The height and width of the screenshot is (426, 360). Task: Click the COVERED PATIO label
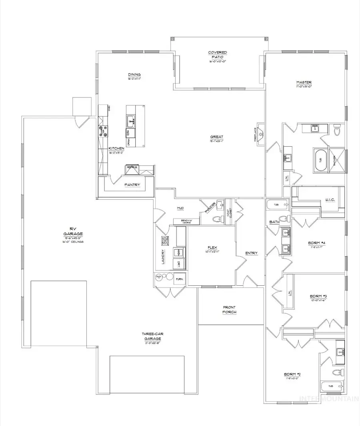tap(218, 55)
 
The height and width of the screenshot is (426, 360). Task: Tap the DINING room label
tap(134, 74)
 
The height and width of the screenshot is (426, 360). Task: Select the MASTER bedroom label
tap(304, 82)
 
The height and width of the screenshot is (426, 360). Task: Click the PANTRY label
tap(132, 185)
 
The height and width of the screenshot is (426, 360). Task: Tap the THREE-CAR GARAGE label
tap(151, 336)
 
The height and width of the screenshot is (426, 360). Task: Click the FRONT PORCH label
tap(230, 309)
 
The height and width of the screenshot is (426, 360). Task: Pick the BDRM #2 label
tap(292, 374)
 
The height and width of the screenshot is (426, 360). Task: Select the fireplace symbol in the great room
tap(260, 134)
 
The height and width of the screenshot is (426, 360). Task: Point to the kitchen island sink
tap(131, 119)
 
